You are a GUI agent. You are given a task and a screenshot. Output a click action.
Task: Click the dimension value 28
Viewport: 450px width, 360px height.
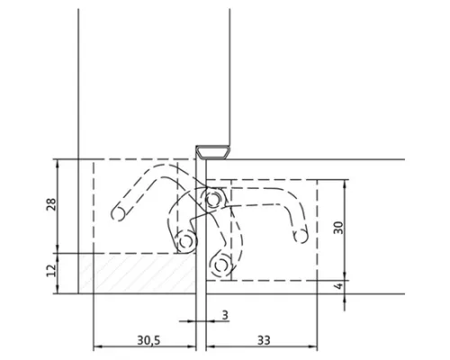pos(51,204)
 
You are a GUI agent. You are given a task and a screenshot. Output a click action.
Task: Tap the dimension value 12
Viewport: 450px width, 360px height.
pos(51,270)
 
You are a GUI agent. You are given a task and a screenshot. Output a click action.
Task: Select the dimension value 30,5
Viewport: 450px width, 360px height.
pos(148,340)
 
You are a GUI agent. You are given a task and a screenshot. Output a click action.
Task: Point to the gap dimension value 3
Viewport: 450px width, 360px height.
pos(225,315)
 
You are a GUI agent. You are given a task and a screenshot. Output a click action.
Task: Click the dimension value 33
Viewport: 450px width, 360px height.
pos(264,340)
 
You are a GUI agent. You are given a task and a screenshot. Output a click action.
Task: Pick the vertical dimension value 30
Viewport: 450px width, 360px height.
pos(338,228)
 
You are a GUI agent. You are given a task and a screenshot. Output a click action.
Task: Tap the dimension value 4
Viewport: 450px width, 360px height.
pos(338,285)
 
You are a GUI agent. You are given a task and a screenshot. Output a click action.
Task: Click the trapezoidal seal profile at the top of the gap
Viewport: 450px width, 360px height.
pos(212,151)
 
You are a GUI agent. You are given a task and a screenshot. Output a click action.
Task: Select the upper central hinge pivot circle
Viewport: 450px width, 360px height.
pos(212,199)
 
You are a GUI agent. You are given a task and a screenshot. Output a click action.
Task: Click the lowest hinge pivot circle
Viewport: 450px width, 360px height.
pos(221,265)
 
